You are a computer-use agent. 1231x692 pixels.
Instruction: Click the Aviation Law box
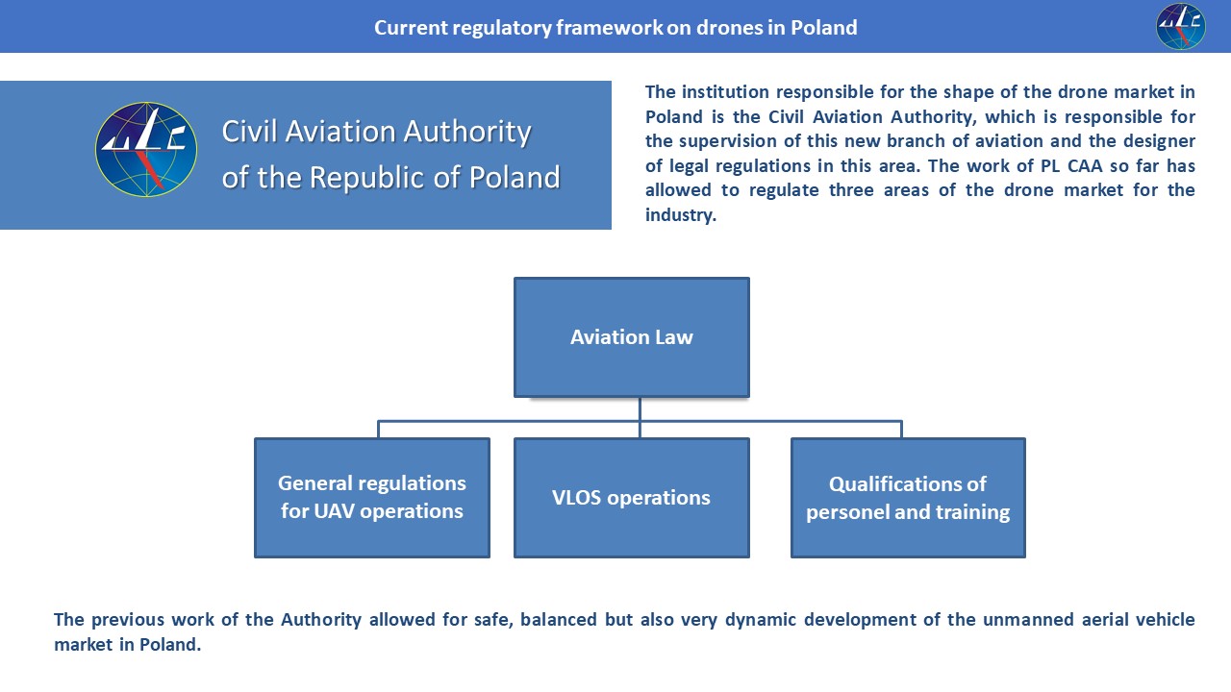(x=631, y=337)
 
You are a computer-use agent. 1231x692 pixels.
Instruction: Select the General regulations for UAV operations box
(x=372, y=497)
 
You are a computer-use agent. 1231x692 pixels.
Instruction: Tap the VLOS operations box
(x=631, y=497)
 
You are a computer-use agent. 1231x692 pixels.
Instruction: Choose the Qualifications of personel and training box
(x=908, y=497)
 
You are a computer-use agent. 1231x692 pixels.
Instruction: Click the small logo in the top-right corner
(x=1180, y=26)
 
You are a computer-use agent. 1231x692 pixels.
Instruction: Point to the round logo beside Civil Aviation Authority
(x=146, y=150)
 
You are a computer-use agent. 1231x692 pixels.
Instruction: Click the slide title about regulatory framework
(x=615, y=27)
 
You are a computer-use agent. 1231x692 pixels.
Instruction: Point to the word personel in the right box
(x=846, y=512)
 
